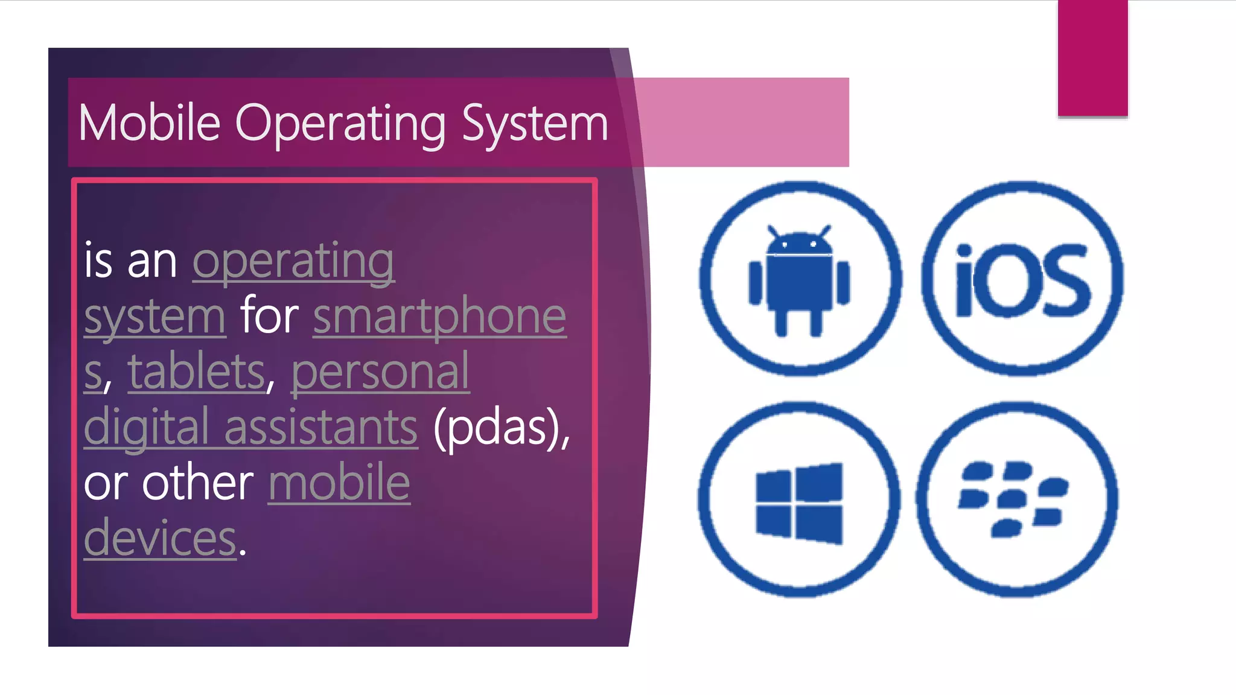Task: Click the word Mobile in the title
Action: pyautogui.click(x=149, y=123)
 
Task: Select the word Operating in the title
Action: pyautogui.click(x=340, y=124)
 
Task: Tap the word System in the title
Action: pyautogui.click(x=535, y=124)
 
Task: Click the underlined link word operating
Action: pyautogui.click(x=293, y=262)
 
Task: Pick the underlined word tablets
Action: pyautogui.click(x=196, y=372)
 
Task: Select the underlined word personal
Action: pyautogui.click(x=380, y=372)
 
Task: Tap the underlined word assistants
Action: pyautogui.click(x=321, y=427)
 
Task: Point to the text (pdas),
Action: pyautogui.click(x=502, y=427)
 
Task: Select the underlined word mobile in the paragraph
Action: pyautogui.click(x=339, y=483)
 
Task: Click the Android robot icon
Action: pyautogui.click(x=799, y=281)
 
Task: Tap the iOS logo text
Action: pyautogui.click(x=1023, y=281)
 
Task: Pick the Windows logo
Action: pyautogui.click(x=799, y=503)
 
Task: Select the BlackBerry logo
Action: pyautogui.click(x=1014, y=498)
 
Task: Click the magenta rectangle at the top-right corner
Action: pyautogui.click(x=1092, y=57)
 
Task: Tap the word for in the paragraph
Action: pyautogui.click(x=269, y=316)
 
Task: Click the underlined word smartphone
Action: pyautogui.click(x=439, y=316)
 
